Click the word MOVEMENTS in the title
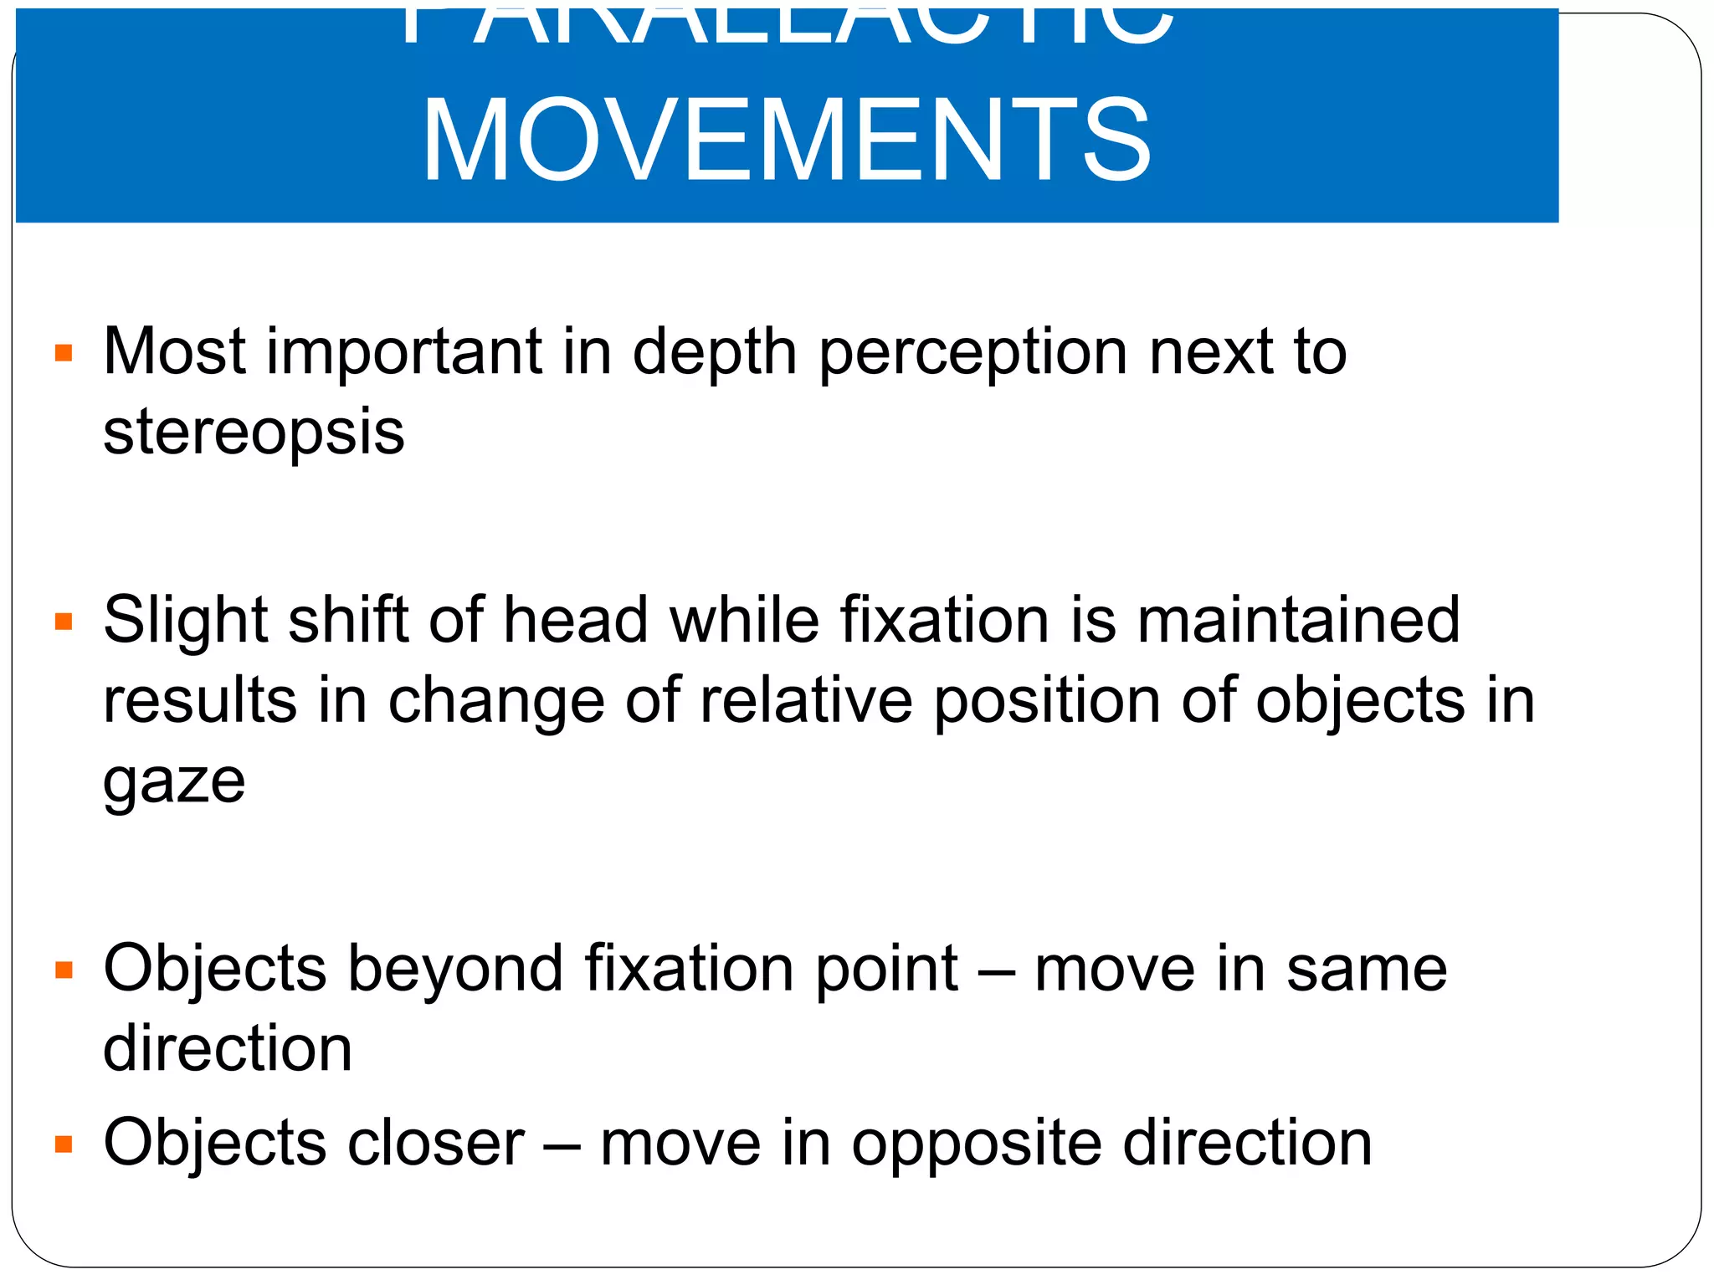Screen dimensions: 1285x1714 [x=787, y=141]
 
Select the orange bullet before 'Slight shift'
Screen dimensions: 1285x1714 [x=64, y=622]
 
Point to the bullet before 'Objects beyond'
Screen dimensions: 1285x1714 [x=64, y=970]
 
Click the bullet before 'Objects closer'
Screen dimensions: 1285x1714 [x=64, y=1144]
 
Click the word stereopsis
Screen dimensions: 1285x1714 [x=254, y=433]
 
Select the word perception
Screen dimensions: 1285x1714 [x=972, y=353]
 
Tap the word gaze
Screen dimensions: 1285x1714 [x=174, y=782]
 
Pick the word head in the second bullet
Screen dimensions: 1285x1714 [x=576, y=621]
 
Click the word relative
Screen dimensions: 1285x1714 [x=806, y=701]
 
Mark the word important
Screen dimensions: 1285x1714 [x=404, y=353]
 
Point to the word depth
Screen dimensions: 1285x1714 [x=714, y=353]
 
